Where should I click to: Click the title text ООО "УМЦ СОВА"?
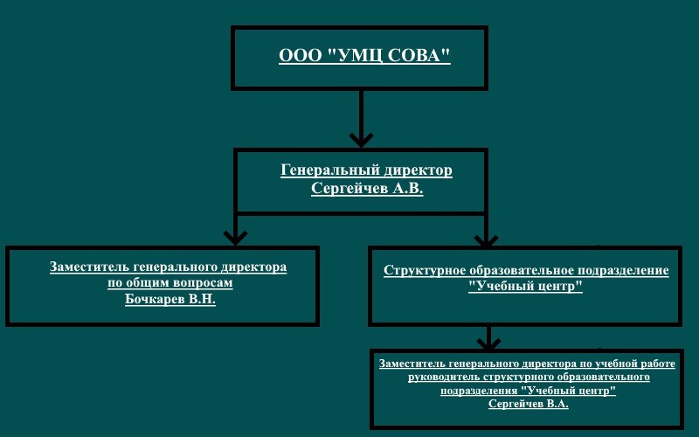point(364,55)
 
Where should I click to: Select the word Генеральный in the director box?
point(330,170)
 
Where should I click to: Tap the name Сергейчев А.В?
point(367,188)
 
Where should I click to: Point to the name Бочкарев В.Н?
point(170,299)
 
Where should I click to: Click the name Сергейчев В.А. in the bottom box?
point(529,404)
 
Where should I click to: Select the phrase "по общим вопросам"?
point(170,283)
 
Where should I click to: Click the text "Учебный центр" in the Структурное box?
point(526,286)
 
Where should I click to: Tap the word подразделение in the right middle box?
point(623,271)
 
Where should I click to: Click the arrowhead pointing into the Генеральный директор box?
point(361,140)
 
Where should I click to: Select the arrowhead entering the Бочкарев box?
point(235,238)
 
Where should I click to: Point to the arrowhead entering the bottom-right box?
point(488,343)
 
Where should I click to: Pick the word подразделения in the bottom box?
point(479,391)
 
